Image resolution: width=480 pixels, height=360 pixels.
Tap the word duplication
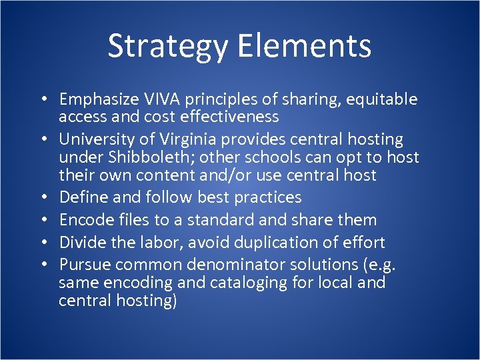click(x=260, y=243)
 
